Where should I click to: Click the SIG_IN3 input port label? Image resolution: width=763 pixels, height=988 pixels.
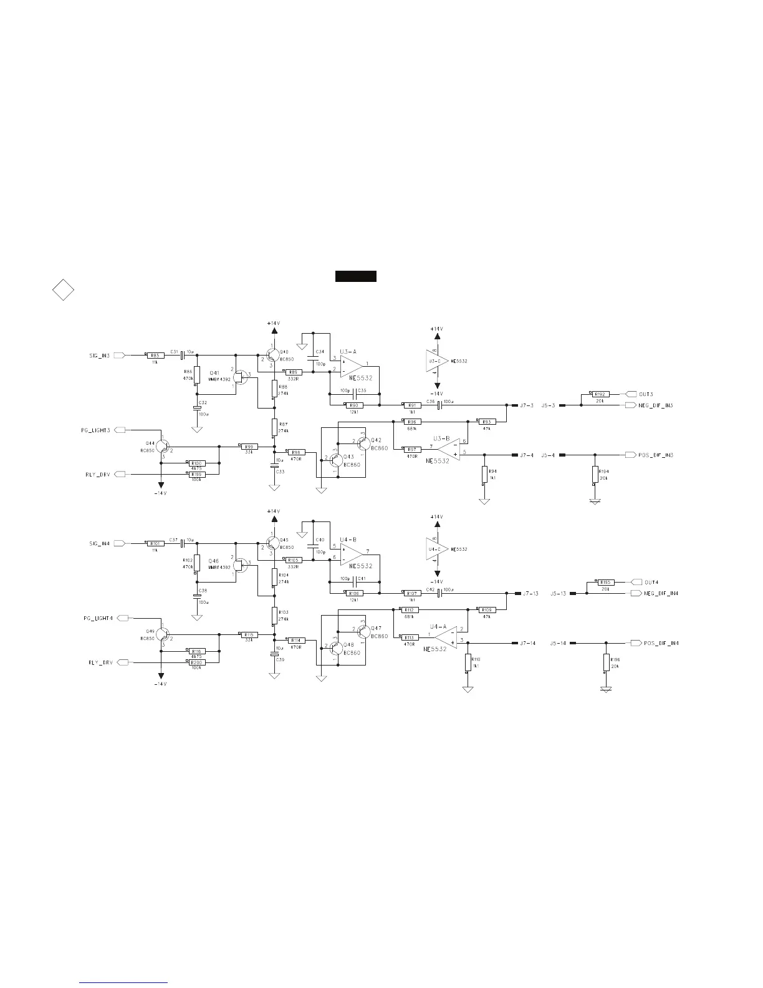coord(99,356)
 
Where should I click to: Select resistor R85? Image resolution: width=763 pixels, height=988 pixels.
coord(155,356)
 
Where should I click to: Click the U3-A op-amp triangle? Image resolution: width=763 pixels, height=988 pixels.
coord(351,365)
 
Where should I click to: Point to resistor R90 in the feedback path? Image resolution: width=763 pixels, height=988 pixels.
coord(354,405)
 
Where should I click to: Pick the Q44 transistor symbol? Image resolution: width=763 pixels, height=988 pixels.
coord(162,446)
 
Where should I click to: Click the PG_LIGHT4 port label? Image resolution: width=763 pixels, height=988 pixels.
coord(98,618)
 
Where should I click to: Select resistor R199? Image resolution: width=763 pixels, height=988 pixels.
coord(197,474)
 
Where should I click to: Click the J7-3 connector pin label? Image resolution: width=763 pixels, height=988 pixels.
coord(527,405)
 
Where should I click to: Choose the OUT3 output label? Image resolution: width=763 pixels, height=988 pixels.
coord(646,394)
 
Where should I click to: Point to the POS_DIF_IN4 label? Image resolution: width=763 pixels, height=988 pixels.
coord(661,643)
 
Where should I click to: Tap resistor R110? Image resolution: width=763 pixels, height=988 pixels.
coord(468,662)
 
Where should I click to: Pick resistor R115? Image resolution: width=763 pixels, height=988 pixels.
coord(249,634)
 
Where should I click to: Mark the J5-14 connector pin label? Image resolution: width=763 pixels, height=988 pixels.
coord(558,643)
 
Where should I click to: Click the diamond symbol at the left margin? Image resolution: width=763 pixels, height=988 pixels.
coord(62,290)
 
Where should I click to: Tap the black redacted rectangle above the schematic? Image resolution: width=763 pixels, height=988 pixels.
coord(355,276)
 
